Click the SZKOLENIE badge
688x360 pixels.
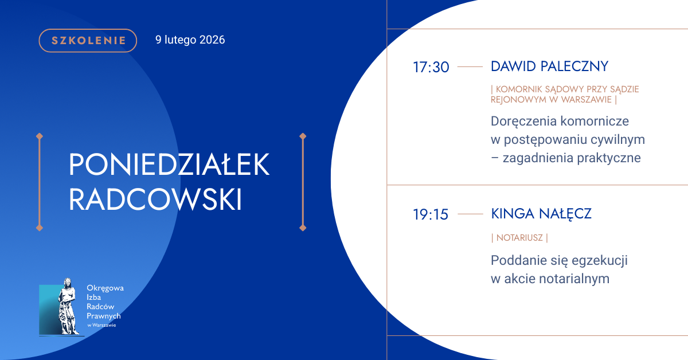coord(88,41)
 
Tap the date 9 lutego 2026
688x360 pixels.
coord(190,40)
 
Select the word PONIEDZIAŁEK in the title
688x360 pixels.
coord(169,165)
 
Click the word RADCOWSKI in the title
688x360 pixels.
coord(155,199)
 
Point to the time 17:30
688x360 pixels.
coord(431,67)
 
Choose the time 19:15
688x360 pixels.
coord(431,214)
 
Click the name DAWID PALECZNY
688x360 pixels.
coord(549,66)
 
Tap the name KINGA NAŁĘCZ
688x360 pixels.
coord(541,214)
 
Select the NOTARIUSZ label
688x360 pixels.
coord(519,238)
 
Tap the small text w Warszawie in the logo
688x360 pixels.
coord(101,325)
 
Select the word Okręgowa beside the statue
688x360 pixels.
coord(105,288)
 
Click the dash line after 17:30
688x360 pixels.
coord(470,66)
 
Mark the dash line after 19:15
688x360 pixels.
coord(470,214)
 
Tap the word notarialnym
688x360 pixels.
coord(574,279)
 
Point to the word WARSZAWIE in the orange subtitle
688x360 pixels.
coord(587,100)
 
